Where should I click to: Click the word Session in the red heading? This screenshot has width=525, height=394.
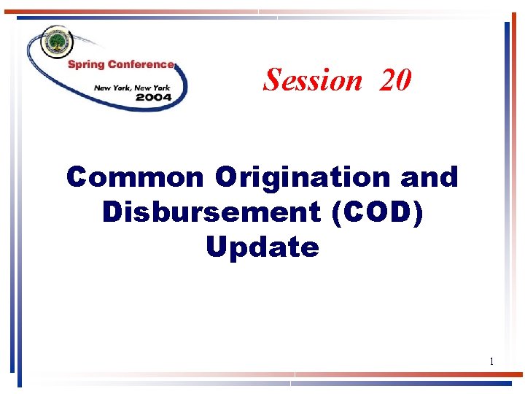point(313,80)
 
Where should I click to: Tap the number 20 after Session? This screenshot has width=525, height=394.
point(394,80)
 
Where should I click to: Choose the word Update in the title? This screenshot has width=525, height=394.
point(262,247)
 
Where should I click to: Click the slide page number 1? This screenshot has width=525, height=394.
point(491,361)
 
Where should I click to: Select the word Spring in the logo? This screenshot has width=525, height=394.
point(86,65)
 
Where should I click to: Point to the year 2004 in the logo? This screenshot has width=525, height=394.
point(153,97)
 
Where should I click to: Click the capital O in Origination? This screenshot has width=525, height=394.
point(226,177)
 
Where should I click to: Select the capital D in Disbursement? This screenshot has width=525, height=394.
point(114,212)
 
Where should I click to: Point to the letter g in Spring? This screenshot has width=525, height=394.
point(101,66)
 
